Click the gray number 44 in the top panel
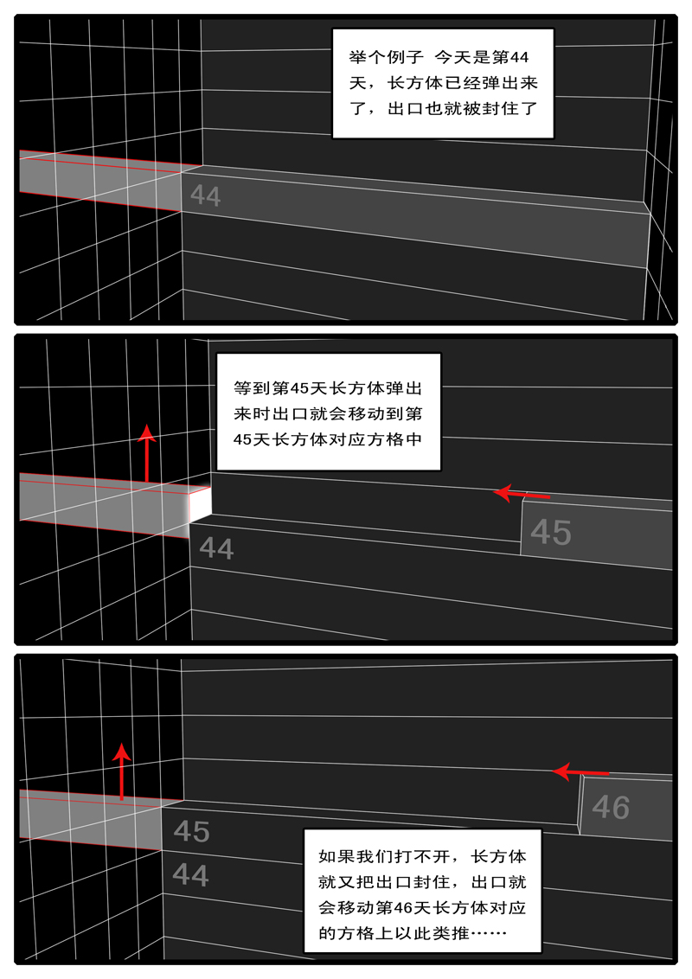(206, 196)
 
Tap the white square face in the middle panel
(200, 504)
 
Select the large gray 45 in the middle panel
(551, 533)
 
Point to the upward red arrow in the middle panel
(147, 452)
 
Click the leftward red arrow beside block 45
(522, 494)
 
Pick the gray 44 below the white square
(216, 549)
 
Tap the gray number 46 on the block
(611, 807)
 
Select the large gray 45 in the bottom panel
(192, 831)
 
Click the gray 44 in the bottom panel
(190, 874)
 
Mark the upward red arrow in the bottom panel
(122, 771)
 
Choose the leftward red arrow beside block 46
(580, 772)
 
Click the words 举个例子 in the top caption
(387, 57)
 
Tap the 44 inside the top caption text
(519, 57)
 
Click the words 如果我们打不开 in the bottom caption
(384, 856)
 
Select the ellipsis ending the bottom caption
(489, 933)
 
